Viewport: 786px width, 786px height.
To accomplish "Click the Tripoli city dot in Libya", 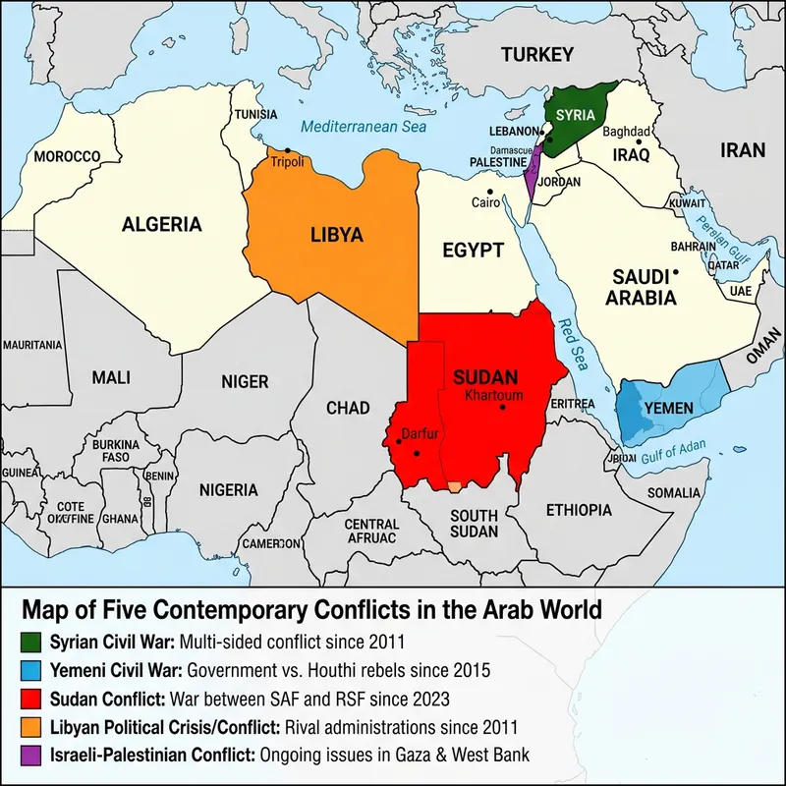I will click(x=287, y=150).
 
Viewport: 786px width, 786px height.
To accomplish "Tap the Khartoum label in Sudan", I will click(x=494, y=396).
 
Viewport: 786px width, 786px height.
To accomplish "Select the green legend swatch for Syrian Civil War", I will click(x=30, y=643).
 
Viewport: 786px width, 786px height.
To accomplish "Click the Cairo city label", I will click(x=486, y=202).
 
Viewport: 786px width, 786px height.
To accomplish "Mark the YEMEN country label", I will click(x=668, y=408).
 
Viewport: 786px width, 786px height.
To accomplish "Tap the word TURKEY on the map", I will click(x=536, y=54).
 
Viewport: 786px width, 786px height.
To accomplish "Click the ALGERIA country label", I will click(x=162, y=225).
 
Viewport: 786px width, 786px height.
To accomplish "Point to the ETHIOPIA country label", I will click(x=579, y=510).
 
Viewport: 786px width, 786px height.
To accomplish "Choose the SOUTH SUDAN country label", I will click(x=475, y=523).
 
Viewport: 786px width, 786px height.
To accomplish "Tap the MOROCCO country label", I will click(x=67, y=156).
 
